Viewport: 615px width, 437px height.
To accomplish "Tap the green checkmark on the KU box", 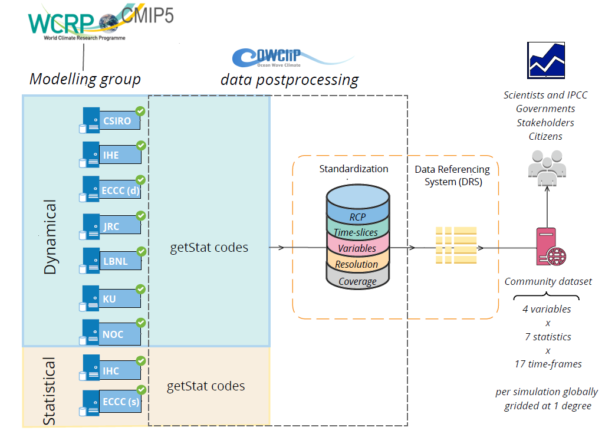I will (140, 289).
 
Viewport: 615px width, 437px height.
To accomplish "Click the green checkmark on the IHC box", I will (140, 360).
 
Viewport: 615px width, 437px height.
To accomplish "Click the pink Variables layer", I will (357, 248).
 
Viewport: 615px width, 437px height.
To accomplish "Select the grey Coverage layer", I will (357, 281).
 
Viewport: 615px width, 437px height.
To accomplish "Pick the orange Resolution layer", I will (357, 264).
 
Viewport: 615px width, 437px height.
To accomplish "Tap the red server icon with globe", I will (549, 248).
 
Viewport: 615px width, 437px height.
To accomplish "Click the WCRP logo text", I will (62, 24).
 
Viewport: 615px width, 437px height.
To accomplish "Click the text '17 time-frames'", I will (548, 364).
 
